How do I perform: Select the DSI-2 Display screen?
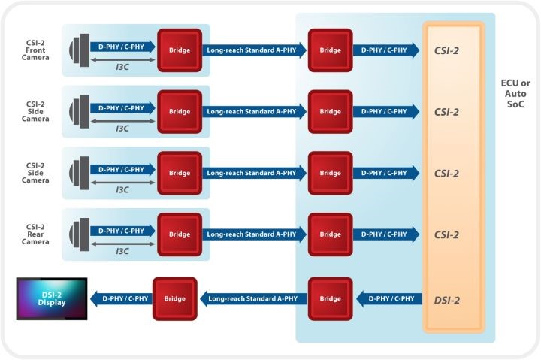pos(52,298)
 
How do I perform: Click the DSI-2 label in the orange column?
pos(447,300)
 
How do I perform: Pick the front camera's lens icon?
pos(77,50)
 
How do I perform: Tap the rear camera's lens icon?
pos(77,234)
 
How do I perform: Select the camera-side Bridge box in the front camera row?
pos(180,50)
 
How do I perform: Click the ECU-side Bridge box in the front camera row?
pos(330,50)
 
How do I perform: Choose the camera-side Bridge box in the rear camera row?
pos(180,234)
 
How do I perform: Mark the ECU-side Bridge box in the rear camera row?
pos(330,234)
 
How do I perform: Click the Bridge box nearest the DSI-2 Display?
pos(175,298)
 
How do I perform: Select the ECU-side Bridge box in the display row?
pos(330,298)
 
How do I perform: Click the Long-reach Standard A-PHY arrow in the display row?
pos(252,298)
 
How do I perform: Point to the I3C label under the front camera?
pos(122,66)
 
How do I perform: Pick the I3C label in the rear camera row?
pos(122,250)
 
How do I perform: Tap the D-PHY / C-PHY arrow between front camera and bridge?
pos(122,47)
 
